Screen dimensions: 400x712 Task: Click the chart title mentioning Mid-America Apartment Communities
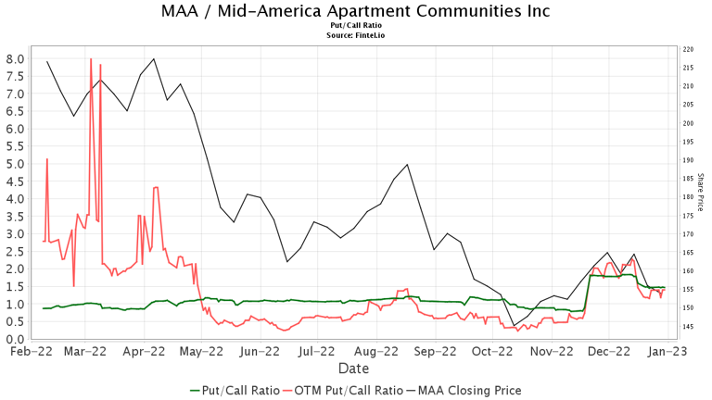pos(355,12)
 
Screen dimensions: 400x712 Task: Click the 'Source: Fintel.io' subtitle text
pos(355,35)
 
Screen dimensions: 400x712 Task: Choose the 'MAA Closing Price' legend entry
pos(469,390)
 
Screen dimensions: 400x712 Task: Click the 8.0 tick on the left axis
pos(15,58)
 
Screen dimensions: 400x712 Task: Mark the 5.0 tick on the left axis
pos(15,164)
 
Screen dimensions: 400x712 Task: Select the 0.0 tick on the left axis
pos(15,339)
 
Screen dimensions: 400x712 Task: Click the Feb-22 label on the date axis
pos(31,352)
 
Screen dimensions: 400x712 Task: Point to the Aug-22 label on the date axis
pos(375,352)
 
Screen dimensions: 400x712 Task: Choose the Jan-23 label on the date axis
pos(665,352)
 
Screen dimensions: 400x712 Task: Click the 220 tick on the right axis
pos(689,49)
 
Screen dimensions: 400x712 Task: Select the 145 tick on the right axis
pos(689,327)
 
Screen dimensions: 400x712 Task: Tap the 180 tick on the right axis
pos(689,197)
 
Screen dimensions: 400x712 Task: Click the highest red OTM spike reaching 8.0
pos(91,59)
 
